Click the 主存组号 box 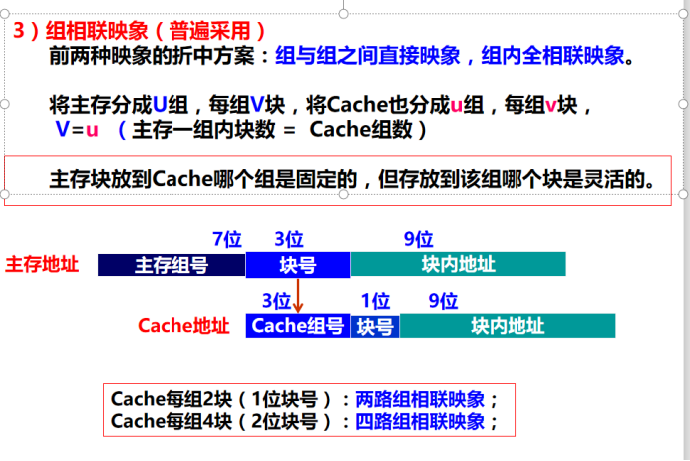tap(172, 265)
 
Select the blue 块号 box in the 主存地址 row tap(298, 265)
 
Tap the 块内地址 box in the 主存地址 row tap(458, 265)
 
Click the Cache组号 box tap(298, 326)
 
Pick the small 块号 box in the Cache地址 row tap(375, 326)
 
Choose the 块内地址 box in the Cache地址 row tap(508, 326)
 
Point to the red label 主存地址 tap(42, 264)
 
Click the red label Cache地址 tap(183, 326)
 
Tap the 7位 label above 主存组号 tap(228, 239)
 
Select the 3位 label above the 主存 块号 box tap(289, 239)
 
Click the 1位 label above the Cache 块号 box tap(375, 301)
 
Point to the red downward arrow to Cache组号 tap(298, 296)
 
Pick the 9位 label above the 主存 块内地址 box tap(418, 239)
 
